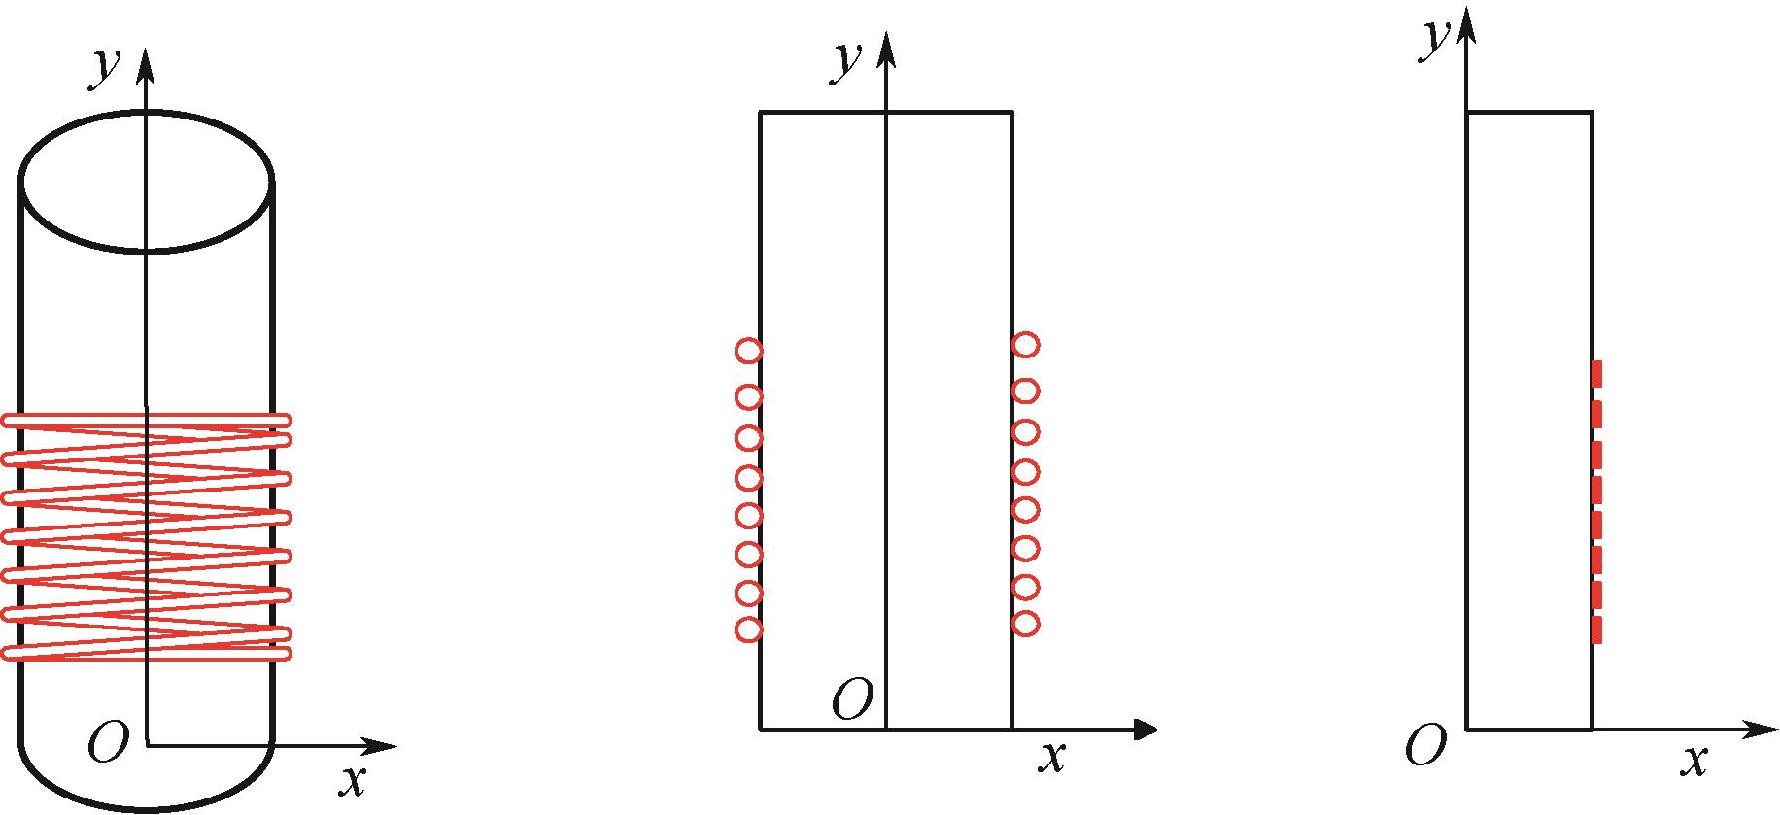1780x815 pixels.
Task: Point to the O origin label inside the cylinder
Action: [x=108, y=744]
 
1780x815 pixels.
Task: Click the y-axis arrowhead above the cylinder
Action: [x=146, y=64]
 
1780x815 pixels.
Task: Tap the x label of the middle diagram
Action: [x=1051, y=756]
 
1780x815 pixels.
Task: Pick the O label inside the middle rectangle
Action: [x=852, y=700]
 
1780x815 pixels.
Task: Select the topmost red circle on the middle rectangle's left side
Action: [x=748, y=351]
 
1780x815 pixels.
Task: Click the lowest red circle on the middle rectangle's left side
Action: [x=748, y=629]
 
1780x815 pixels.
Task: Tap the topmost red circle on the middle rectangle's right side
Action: [x=1026, y=344]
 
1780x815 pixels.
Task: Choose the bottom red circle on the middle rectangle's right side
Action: [x=1026, y=624]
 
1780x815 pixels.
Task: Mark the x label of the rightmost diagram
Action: [x=1694, y=761]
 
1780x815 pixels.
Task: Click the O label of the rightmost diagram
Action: [x=1425, y=747]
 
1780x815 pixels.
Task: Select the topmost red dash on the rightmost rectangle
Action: [x=1596, y=374]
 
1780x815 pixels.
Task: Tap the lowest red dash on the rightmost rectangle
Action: [x=1596, y=629]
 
